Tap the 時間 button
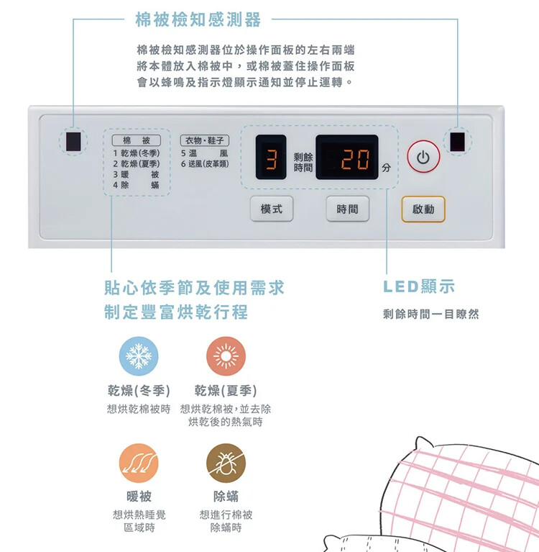pos(347,209)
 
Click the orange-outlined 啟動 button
pos(423,209)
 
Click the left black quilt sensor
pos(73,142)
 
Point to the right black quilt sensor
pos(457,142)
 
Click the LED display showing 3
pos(271,157)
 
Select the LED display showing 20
pos(347,157)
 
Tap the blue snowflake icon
pos(139,356)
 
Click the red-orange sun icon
pos(226,356)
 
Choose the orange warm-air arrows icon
pos(139,463)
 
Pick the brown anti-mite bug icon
pos(226,463)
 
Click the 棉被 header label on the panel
pos(137,140)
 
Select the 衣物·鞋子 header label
pos(205,140)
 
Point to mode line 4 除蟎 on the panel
pos(136,185)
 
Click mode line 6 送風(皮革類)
pos(205,163)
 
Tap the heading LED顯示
pos(419,286)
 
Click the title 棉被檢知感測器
pos(198,19)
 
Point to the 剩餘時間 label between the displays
pos(303,163)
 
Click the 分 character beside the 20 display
pos(387,168)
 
